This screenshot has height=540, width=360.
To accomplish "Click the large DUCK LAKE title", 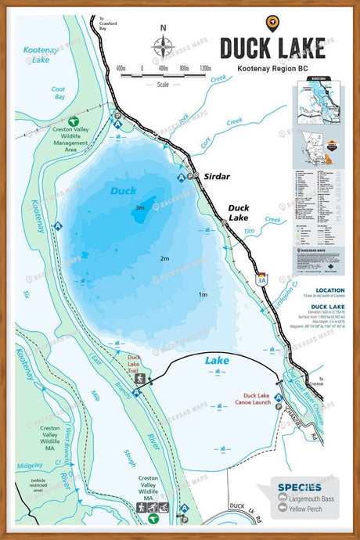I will pos(272,48).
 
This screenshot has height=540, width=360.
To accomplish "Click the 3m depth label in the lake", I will pos(139,207).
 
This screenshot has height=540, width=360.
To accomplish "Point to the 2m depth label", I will pos(164,258).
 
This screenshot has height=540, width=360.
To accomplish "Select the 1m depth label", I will pos(203,294).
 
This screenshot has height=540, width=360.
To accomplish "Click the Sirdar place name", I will pos(217,177).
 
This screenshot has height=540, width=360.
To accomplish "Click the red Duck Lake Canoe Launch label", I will pos(262,399).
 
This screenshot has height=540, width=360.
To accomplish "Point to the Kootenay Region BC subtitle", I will pos(271,70).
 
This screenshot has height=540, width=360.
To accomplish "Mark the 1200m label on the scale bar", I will pos(206,68).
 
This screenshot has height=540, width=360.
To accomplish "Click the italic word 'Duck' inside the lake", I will pos(123,190).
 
